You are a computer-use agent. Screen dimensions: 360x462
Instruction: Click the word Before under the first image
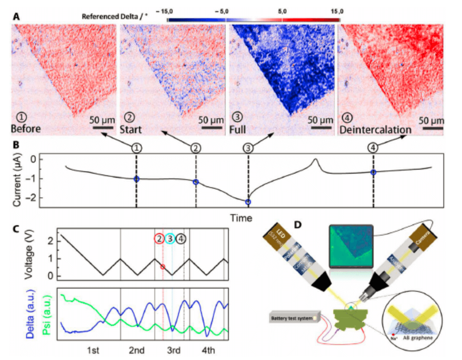[26, 129]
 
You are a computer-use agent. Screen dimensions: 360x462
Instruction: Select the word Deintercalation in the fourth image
[375, 130]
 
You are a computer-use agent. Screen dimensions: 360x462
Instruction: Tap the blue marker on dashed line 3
[248, 201]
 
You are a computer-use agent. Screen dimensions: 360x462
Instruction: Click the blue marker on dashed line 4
[373, 172]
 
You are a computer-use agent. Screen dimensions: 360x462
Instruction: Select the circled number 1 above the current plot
[136, 148]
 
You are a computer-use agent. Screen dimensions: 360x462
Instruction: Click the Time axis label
[241, 218]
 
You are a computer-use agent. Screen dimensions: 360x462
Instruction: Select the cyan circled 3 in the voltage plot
[170, 239]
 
